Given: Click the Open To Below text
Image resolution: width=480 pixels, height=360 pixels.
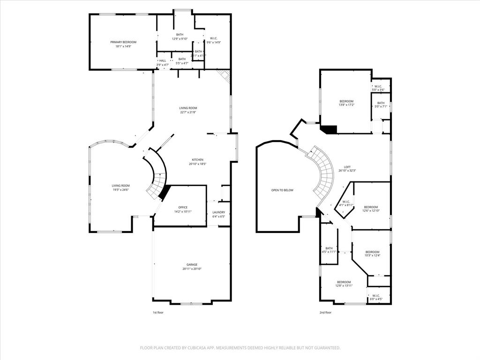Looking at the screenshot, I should pos(282,190).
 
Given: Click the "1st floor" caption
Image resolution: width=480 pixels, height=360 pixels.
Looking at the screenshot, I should pos(158,312).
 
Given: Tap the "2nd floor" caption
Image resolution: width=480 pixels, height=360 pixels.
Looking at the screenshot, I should pos(325,312).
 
